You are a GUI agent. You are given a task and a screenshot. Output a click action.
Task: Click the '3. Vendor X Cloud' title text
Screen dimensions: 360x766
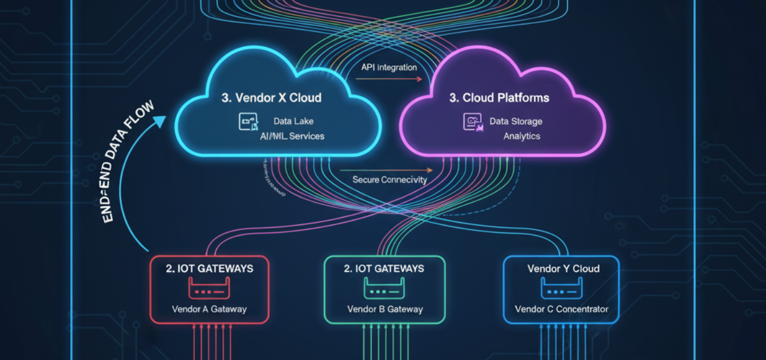tap(271, 98)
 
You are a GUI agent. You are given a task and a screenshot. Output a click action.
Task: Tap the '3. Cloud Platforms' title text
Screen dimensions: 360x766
tap(499, 98)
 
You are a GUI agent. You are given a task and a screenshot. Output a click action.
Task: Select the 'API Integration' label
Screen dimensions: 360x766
tap(389, 67)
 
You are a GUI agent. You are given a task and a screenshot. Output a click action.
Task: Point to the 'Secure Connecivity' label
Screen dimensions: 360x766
tap(390, 180)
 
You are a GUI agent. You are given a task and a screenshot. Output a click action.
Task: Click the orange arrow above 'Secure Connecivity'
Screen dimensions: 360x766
tap(386, 170)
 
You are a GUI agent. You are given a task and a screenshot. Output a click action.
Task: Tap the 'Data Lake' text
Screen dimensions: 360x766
tap(293, 122)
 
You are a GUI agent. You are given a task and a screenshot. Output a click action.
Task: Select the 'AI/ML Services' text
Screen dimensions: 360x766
tap(292, 136)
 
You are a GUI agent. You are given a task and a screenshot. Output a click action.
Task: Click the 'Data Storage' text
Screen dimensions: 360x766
tap(516, 122)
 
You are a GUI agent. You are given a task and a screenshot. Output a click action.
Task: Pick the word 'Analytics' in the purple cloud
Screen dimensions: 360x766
tap(522, 136)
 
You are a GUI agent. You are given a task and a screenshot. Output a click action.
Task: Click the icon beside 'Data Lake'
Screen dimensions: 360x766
tap(248, 122)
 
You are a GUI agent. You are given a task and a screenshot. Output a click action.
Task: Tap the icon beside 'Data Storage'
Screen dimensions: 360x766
tap(473, 122)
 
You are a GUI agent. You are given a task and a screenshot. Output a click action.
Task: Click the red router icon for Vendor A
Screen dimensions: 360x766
tap(209, 288)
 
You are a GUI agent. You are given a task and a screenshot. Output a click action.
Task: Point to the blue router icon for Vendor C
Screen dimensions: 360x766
tap(561, 288)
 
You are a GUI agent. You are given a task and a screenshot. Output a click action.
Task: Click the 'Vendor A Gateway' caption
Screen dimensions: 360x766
tap(209, 309)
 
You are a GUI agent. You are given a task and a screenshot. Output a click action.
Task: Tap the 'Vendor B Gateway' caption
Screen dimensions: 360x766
tap(384, 309)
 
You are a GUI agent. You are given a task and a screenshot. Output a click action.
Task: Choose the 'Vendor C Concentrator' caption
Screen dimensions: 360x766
tap(561, 309)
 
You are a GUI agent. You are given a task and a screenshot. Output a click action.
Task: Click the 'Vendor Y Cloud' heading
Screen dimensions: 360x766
tap(563, 269)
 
